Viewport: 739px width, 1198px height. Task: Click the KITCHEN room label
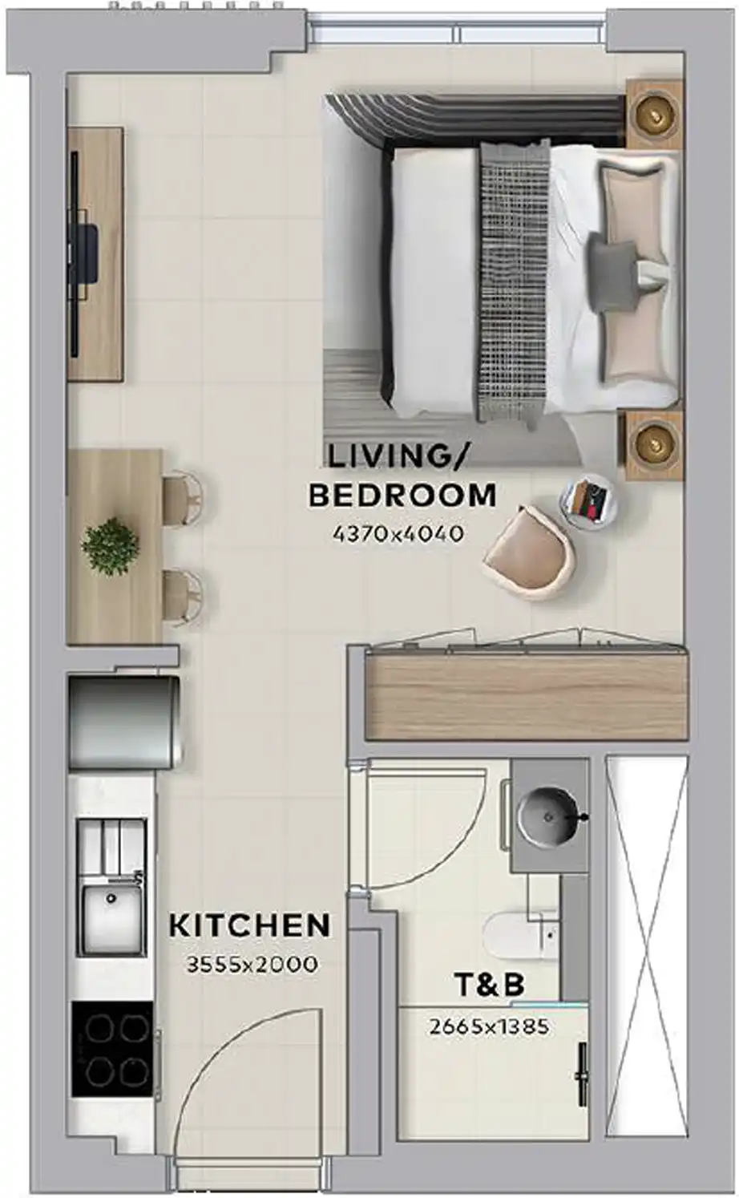click(x=250, y=926)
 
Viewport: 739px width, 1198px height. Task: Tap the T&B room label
click(x=489, y=985)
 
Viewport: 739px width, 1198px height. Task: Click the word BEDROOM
click(x=402, y=496)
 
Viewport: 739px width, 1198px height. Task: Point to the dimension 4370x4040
click(x=398, y=533)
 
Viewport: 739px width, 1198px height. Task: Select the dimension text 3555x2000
click(x=252, y=965)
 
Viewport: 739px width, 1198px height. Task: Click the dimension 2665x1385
click(x=489, y=1026)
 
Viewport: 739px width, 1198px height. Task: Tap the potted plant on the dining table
click(x=110, y=546)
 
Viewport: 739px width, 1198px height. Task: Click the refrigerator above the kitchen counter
click(x=123, y=722)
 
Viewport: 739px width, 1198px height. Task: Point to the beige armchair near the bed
click(x=529, y=552)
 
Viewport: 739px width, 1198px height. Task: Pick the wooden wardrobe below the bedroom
click(x=526, y=695)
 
